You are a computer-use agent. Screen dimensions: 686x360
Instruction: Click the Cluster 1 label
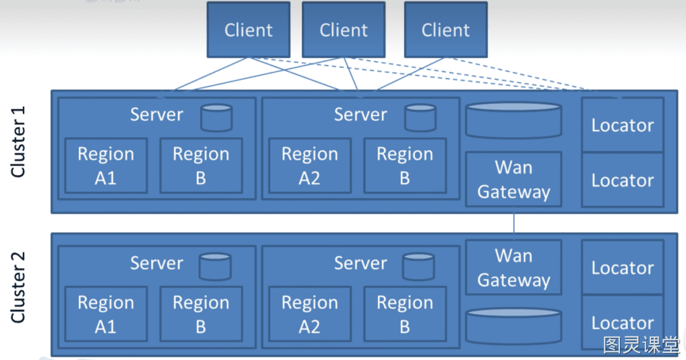pyautogui.click(x=18, y=142)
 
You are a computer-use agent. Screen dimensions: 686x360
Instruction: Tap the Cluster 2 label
pyautogui.click(x=18, y=288)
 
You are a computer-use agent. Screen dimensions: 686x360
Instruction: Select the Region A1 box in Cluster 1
pyautogui.click(x=106, y=166)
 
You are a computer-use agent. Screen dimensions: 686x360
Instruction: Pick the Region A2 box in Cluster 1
pyautogui.click(x=310, y=166)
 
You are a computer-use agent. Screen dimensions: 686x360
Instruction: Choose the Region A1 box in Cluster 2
pyautogui.click(x=106, y=314)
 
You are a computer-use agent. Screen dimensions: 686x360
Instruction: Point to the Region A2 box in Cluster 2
pyautogui.click(x=310, y=314)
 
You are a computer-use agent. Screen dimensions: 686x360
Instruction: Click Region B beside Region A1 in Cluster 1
pyautogui.click(x=201, y=166)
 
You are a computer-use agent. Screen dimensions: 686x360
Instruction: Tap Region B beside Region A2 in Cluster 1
pyautogui.click(x=405, y=166)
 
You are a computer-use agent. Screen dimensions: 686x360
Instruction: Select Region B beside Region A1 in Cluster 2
pyautogui.click(x=201, y=314)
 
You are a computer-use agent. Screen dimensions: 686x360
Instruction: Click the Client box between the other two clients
pyautogui.click(x=344, y=30)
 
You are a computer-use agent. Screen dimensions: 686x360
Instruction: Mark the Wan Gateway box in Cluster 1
pyautogui.click(x=514, y=179)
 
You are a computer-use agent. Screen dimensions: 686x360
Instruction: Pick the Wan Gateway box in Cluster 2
pyautogui.click(x=514, y=267)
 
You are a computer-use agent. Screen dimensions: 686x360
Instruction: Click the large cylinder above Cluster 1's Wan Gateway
pyautogui.click(x=514, y=120)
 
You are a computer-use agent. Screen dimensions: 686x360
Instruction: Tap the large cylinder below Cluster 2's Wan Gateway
pyautogui.click(x=514, y=326)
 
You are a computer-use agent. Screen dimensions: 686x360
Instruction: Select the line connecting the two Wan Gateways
pyautogui.click(x=514, y=223)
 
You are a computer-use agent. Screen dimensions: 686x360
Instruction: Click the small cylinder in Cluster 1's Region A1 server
pyautogui.click(x=217, y=117)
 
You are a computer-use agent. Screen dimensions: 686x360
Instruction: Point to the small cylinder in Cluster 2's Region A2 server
pyautogui.click(x=419, y=267)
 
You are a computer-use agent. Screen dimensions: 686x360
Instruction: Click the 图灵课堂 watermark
pyautogui.click(x=642, y=345)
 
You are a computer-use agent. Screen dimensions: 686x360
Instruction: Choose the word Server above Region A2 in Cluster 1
pyautogui.click(x=361, y=115)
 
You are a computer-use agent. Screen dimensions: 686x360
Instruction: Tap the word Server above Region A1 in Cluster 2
pyautogui.click(x=157, y=263)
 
